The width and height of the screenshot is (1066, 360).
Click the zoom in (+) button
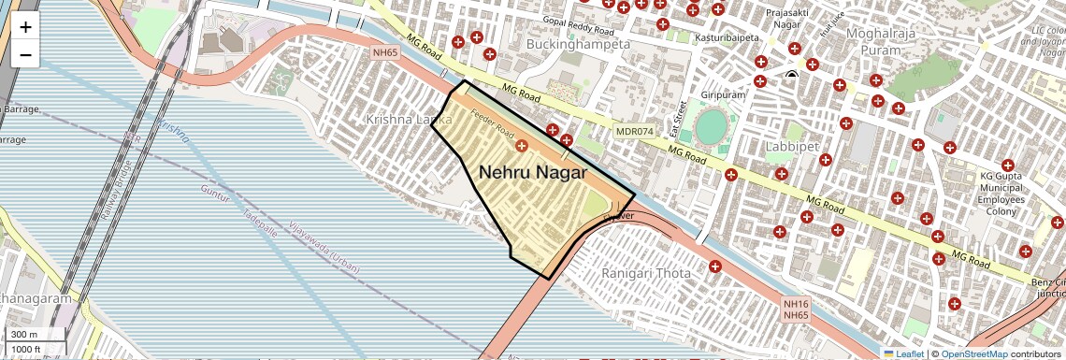(25, 27)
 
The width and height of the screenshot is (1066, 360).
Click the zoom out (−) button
(25, 54)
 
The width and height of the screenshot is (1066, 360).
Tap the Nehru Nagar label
(533, 173)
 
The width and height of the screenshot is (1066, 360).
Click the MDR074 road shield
(634, 132)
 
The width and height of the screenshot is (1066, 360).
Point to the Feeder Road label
(493, 128)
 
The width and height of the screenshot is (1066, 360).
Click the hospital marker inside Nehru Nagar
(522, 146)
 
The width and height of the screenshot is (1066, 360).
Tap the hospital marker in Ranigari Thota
(715, 266)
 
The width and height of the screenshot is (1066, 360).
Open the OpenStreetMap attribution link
(973, 353)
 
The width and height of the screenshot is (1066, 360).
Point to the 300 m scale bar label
(25, 335)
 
